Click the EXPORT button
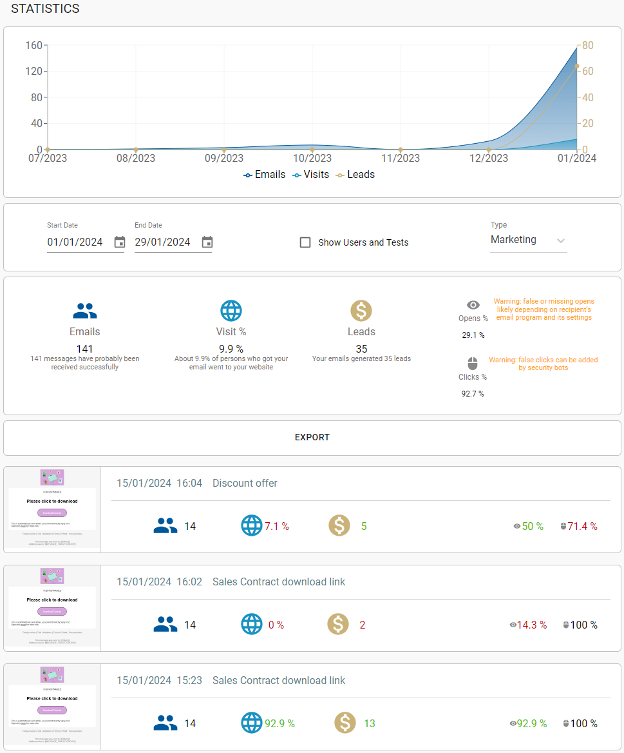coord(312,437)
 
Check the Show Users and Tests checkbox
coord(305,242)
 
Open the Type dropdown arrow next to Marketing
coord(561,240)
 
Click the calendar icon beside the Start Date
coord(120,242)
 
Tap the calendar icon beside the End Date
coord(207,242)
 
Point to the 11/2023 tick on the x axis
coord(401,158)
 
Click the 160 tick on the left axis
coord(33,45)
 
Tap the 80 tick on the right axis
coord(588,45)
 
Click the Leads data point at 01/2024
coord(577,66)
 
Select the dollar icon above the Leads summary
coord(361,311)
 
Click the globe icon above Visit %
coord(231,311)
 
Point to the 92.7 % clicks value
coord(473,393)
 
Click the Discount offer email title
coord(245,483)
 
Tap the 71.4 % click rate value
coord(582,526)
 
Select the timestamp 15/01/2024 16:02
coord(159,582)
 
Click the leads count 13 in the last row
coord(369,723)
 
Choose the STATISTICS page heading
coord(45,9)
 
